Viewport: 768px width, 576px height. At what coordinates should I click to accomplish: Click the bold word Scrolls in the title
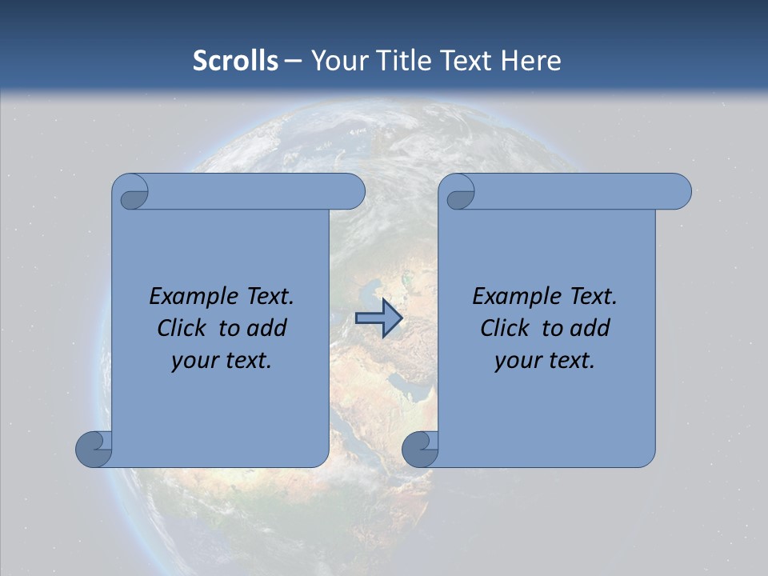tap(235, 60)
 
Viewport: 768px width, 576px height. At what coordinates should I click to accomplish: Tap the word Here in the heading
tap(530, 60)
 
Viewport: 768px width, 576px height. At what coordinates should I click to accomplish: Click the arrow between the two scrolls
tap(378, 319)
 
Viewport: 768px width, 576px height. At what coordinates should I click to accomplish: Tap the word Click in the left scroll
tap(182, 328)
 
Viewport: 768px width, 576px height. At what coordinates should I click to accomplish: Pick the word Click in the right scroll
tap(505, 328)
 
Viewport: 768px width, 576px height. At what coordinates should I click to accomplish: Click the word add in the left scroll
tap(266, 328)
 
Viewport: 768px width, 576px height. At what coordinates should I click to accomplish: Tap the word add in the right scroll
tap(590, 328)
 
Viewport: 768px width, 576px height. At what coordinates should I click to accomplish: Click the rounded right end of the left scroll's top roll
tap(352, 191)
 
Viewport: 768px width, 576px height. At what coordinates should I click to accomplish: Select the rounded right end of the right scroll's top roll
tap(678, 191)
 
